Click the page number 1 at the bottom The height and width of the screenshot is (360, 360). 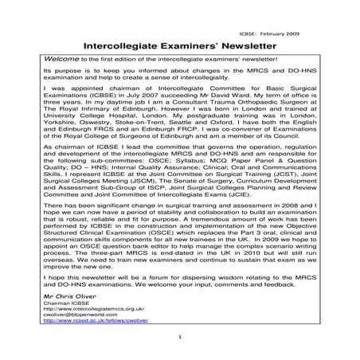click(181, 358)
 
